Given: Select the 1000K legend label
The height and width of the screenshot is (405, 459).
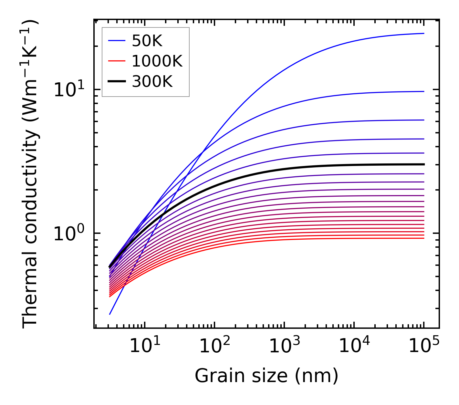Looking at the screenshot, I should pyautogui.click(x=157, y=61).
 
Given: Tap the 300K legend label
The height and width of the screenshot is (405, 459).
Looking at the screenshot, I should pyautogui.click(x=152, y=82).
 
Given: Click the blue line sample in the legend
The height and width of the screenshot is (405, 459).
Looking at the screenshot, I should pyautogui.click(x=116, y=41).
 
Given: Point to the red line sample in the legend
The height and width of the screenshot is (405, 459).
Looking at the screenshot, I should pyautogui.click(x=116, y=61).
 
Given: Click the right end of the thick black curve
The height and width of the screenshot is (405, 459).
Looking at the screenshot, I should pyautogui.click(x=423, y=164).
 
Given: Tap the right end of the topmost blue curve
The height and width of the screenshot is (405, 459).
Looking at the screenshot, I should pyautogui.click(x=423, y=33).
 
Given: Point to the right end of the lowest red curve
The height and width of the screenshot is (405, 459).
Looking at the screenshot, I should pyautogui.click(x=423, y=238).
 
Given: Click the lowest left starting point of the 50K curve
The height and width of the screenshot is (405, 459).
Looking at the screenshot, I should pyautogui.click(x=110, y=314).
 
